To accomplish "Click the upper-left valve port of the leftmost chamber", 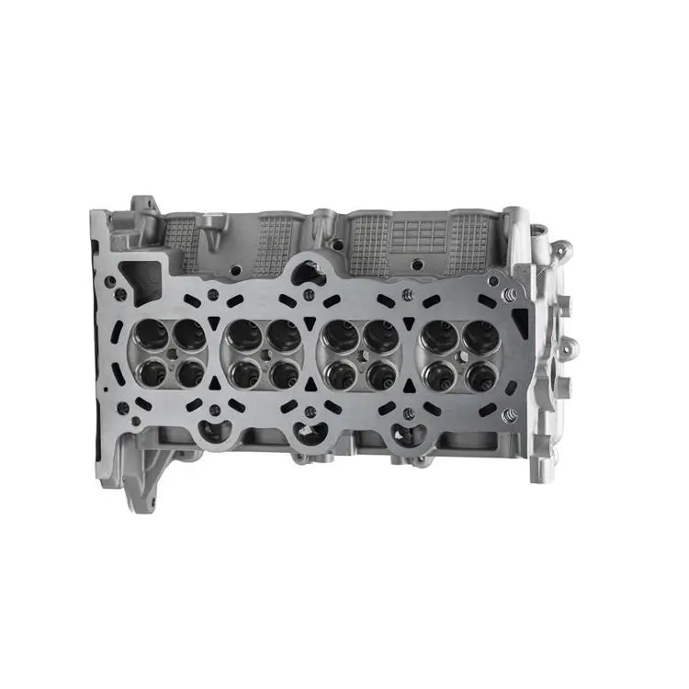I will (x=150, y=334).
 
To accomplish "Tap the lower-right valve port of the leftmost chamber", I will (x=190, y=373).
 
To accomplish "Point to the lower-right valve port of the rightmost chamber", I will (x=480, y=375).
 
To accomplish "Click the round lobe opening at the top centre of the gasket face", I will (x=310, y=271).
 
